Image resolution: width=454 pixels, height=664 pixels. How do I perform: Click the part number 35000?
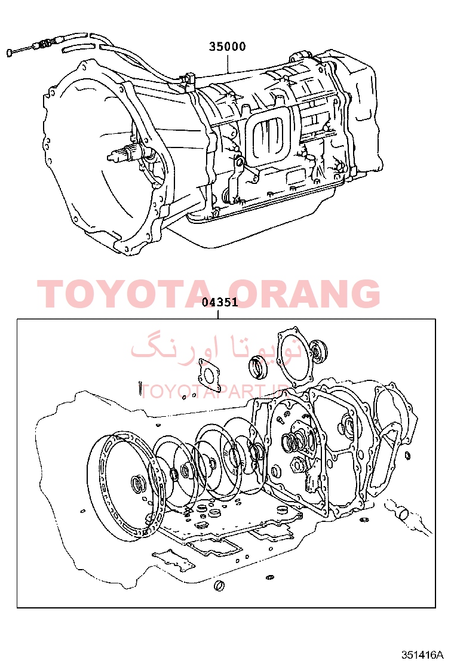tap(227, 46)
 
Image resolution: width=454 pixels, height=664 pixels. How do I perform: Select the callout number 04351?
tap(219, 302)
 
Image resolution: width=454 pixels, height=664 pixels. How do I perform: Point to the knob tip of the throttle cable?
tap(10, 53)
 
